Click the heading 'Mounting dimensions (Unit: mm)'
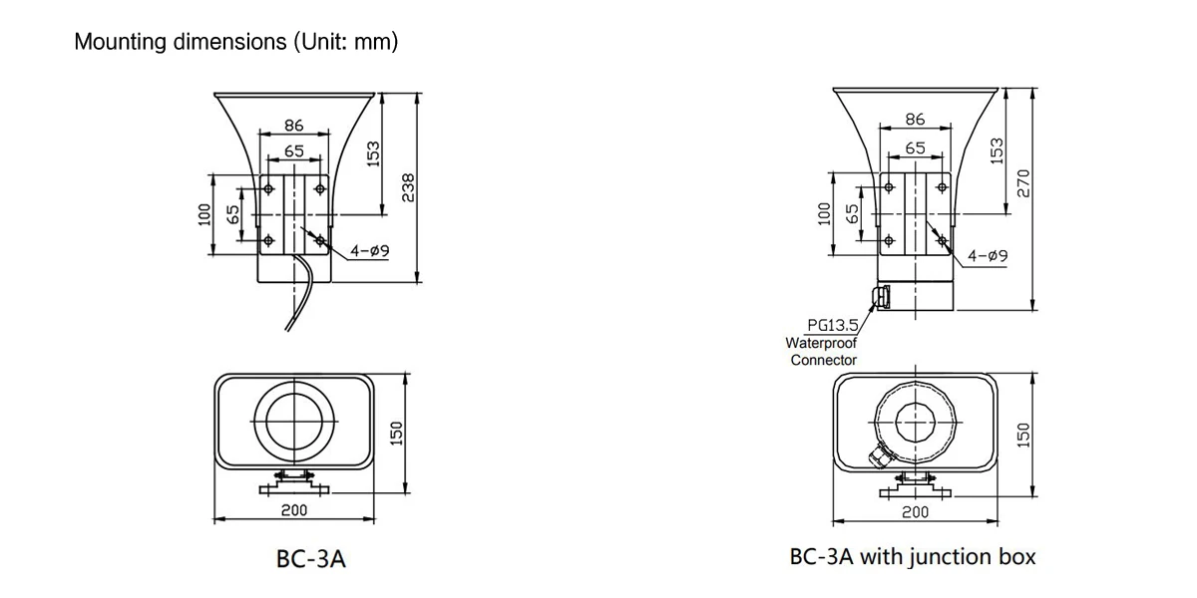coord(236,43)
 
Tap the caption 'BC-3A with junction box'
coord(912,556)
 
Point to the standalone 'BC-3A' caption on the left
coord(310,559)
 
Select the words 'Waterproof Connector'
coord(823,351)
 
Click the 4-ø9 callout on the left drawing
coord(368,251)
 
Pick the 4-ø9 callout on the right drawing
coord(987,256)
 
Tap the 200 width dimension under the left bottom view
coord(293,509)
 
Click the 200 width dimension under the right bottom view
coord(915,511)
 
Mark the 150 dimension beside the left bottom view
coord(395,435)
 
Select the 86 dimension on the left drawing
coord(293,126)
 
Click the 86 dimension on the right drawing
coord(915,120)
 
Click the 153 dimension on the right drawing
coord(994,149)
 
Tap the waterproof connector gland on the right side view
coord(879,296)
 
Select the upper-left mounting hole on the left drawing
coord(268,187)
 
